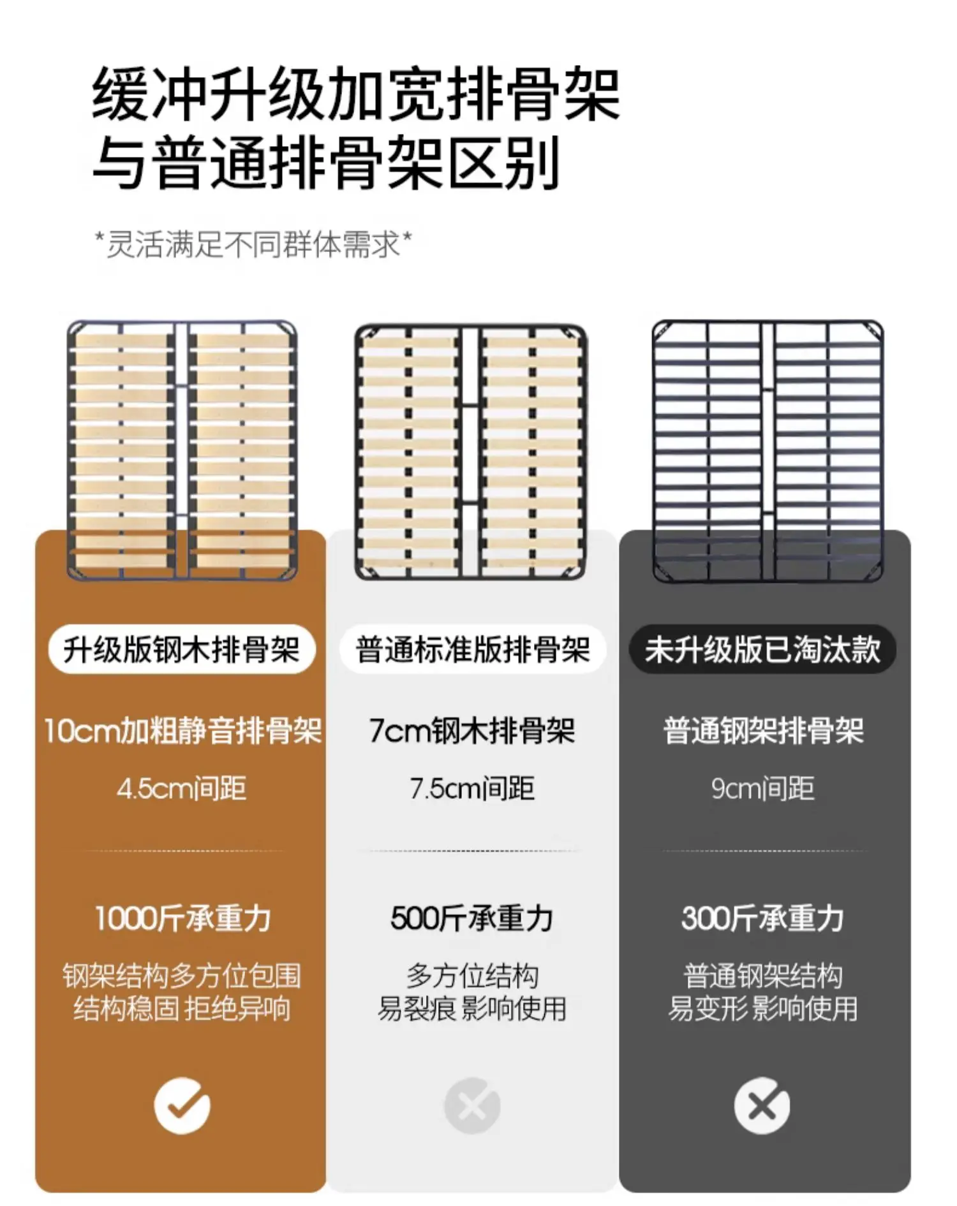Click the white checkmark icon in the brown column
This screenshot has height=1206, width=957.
[x=182, y=1105]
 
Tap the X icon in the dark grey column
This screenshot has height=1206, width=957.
[x=762, y=1105]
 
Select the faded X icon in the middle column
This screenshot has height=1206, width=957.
[x=472, y=1105]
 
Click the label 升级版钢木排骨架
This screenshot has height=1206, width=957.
[x=182, y=650]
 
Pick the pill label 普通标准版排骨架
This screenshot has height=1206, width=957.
[x=472, y=650]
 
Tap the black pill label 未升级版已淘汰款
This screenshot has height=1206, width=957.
[x=762, y=650]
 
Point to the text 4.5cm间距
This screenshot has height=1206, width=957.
[x=182, y=789]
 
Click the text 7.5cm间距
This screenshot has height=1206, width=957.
[x=472, y=789]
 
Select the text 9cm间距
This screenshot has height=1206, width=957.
[x=762, y=789]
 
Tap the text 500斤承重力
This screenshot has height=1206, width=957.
[x=472, y=918]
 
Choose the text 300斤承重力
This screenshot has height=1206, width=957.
[x=762, y=918]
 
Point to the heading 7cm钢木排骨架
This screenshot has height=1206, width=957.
[x=472, y=731]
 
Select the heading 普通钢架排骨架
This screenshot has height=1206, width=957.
[x=763, y=731]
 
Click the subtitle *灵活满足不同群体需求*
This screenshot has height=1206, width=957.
[x=253, y=244]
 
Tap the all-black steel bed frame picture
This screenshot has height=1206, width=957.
[x=768, y=451]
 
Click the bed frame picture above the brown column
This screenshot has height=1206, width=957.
[x=182, y=450]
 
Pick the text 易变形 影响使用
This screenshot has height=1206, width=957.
[x=762, y=1008]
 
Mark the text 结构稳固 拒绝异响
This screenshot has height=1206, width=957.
[x=182, y=1008]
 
